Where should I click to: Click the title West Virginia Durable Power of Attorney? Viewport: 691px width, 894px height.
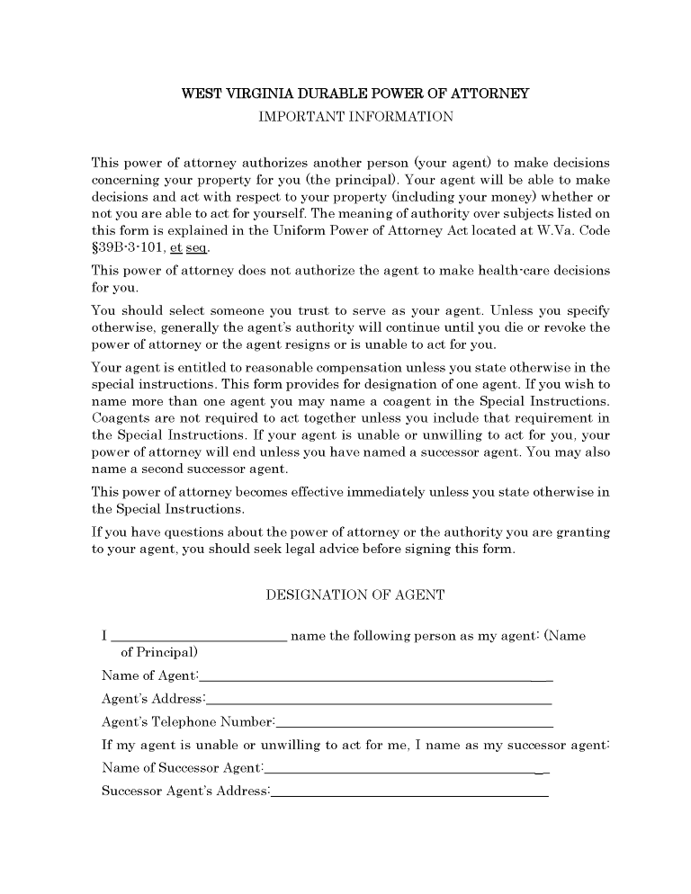(x=355, y=94)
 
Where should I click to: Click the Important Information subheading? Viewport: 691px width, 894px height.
(x=355, y=116)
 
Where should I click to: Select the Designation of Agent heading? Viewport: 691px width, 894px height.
(x=355, y=595)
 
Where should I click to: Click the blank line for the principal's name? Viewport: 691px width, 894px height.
(x=199, y=638)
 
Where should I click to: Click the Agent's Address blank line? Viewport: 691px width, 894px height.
(x=378, y=700)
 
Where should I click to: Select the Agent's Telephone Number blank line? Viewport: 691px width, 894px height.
(x=414, y=723)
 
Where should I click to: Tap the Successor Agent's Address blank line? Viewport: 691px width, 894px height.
(x=409, y=792)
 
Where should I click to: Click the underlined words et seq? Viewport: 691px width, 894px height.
(x=196, y=248)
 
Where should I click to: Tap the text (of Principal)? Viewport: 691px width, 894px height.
(x=159, y=652)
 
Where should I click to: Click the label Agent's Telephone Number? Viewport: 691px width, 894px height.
(x=187, y=722)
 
